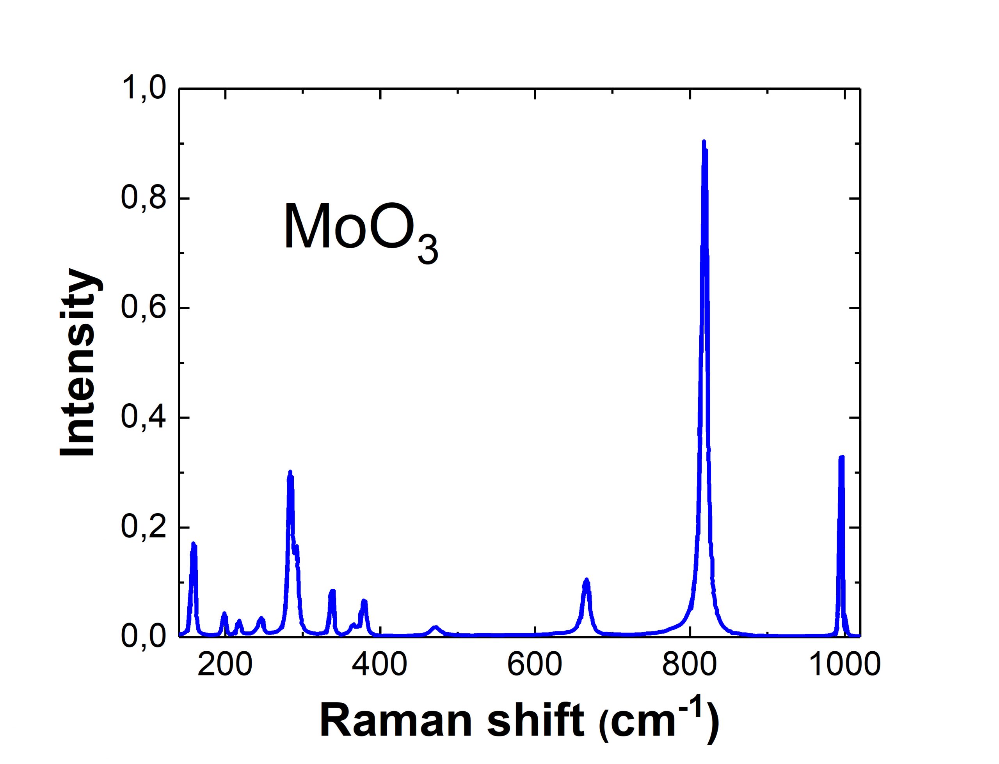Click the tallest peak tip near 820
(x=704, y=142)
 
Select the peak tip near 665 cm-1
(x=587, y=580)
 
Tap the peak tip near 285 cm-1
(x=290, y=472)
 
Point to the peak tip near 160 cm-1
(x=193, y=544)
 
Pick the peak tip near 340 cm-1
(x=332, y=591)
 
